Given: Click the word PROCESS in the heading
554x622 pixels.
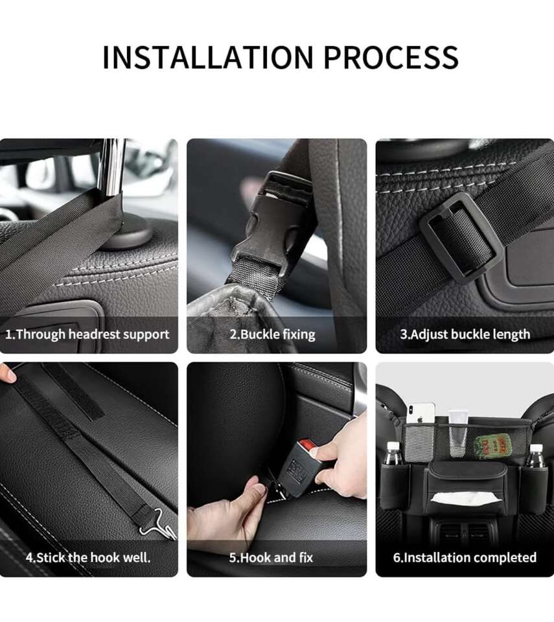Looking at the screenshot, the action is click(391, 57).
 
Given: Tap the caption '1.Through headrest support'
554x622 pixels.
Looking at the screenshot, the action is click(87, 334).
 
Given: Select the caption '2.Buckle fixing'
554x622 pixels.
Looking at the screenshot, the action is click(272, 334).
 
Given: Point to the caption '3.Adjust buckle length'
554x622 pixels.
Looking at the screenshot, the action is click(465, 334).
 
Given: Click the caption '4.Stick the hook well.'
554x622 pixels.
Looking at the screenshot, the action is click(88, 557).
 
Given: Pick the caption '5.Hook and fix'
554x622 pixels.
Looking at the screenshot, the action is click(271, 557).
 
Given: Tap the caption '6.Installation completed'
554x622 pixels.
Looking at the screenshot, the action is click(465, 557).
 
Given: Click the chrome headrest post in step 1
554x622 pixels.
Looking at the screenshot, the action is click(112, 167).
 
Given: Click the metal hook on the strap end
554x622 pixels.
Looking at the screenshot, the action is click(158, 523).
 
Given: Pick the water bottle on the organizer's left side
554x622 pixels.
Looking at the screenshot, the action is click(393, 454).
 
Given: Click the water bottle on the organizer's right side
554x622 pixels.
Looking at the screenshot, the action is click(535, 455).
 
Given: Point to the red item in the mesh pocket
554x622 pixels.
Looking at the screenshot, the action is click(492, 445).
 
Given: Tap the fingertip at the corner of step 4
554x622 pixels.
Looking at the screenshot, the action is click(7, 373).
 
